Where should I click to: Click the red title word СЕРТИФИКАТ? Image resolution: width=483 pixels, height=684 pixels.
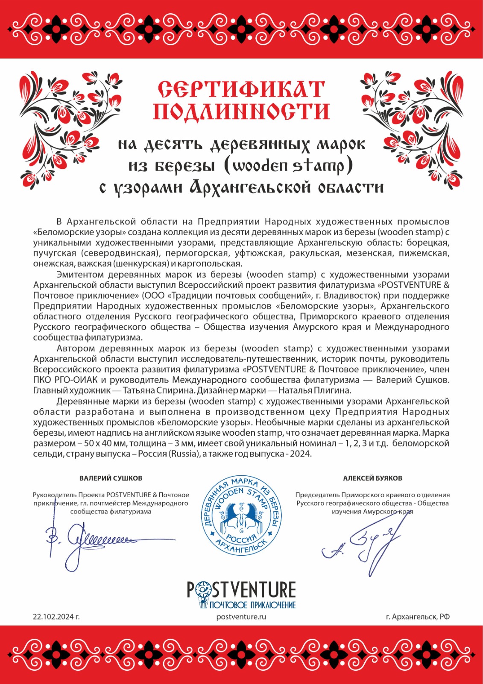pos(241,89)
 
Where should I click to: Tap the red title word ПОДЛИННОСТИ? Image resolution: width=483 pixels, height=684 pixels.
pos(241,112)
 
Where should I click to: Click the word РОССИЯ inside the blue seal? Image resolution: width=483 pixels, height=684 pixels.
pos(242,538)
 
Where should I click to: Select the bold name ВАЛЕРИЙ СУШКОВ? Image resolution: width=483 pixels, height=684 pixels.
pos(111,478)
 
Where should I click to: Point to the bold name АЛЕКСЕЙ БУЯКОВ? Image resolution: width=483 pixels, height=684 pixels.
pos(372,478)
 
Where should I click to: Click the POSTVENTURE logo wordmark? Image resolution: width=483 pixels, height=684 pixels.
pos(241,590)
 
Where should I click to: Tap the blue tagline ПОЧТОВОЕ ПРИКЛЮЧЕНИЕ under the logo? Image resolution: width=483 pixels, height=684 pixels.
pos(252,605)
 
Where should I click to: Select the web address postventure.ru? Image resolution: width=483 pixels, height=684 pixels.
pos(241,616)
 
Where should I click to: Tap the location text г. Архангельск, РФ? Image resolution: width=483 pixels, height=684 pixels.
pos(418,616)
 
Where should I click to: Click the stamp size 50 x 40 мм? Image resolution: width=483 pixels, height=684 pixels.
pos(94,443)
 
